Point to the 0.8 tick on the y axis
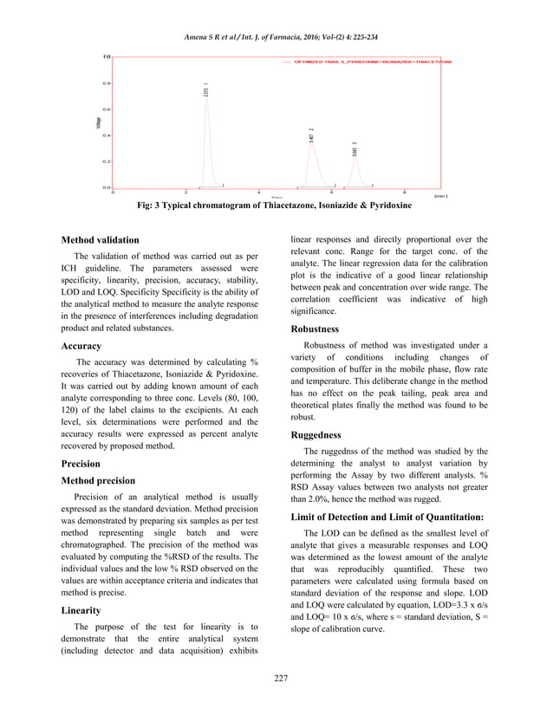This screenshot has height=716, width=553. click(x=106, y=84)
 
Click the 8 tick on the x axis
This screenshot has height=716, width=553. click(x=405, y=192)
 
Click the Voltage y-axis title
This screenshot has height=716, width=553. click(x=97, y=123)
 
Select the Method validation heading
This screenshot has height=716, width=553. click(x=100, y=240)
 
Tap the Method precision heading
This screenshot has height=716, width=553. click(x=99, y=480)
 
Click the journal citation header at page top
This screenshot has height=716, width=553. click(x=276, y=36)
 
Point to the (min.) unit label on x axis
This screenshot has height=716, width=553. click(x=440, y=197)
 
